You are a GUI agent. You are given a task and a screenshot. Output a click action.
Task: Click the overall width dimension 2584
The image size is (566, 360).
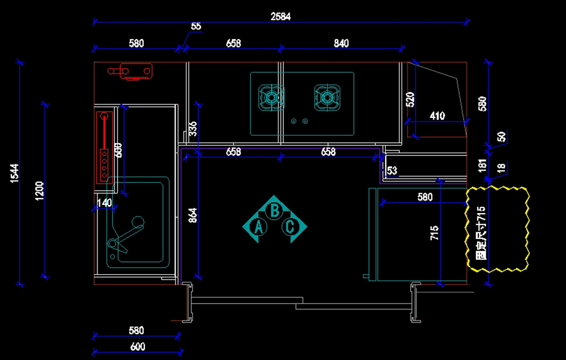click(x=281, y=17)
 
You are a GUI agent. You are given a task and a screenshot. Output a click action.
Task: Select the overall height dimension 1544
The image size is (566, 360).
click(x=15, y=173)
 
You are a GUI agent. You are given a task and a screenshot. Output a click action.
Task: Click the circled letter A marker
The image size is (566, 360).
click(x=258, y=227)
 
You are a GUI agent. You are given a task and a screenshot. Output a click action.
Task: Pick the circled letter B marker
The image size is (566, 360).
click(x=275, y=209)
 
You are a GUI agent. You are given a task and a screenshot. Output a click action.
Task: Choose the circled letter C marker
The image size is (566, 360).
click(x=291, y=227)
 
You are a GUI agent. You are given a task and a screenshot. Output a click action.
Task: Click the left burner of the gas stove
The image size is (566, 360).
click(x=272, y=98)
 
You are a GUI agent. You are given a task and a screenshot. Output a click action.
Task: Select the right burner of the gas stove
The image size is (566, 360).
click(x=327, y=98)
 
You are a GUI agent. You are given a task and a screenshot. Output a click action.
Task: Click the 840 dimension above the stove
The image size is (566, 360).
click(x=341, y=43)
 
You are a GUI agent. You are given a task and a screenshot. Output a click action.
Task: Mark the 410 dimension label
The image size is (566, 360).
click(x=437, y=116)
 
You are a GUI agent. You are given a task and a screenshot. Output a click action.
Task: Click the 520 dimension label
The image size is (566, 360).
click(x=410, y=100)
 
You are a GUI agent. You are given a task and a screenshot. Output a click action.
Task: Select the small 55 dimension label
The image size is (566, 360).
click(x=196, y=26)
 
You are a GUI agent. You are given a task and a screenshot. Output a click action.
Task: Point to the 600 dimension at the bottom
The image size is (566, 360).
click(x=137, y=347)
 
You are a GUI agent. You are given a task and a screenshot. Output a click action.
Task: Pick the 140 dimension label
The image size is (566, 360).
click(x=104, y=203)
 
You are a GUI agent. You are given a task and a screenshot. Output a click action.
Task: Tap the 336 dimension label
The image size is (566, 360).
click(x=193, y=129)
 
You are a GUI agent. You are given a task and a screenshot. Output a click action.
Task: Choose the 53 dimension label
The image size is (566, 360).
click(x=392, y=170)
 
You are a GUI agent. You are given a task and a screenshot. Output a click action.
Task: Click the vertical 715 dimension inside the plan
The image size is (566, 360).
click(x=435, y=233)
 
